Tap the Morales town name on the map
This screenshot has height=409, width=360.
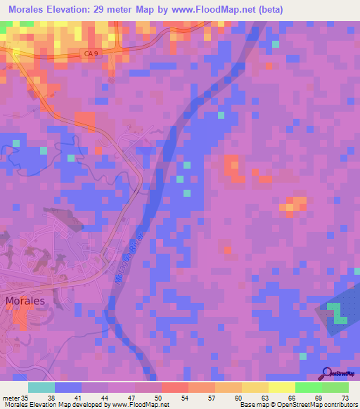(25, 300)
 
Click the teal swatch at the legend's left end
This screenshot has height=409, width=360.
(41, 387)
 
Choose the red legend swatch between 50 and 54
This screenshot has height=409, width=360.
(174, 387)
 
